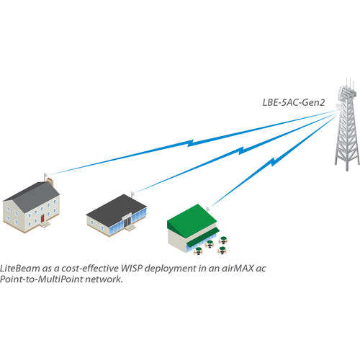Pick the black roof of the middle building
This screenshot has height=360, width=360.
tap(115, 207)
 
